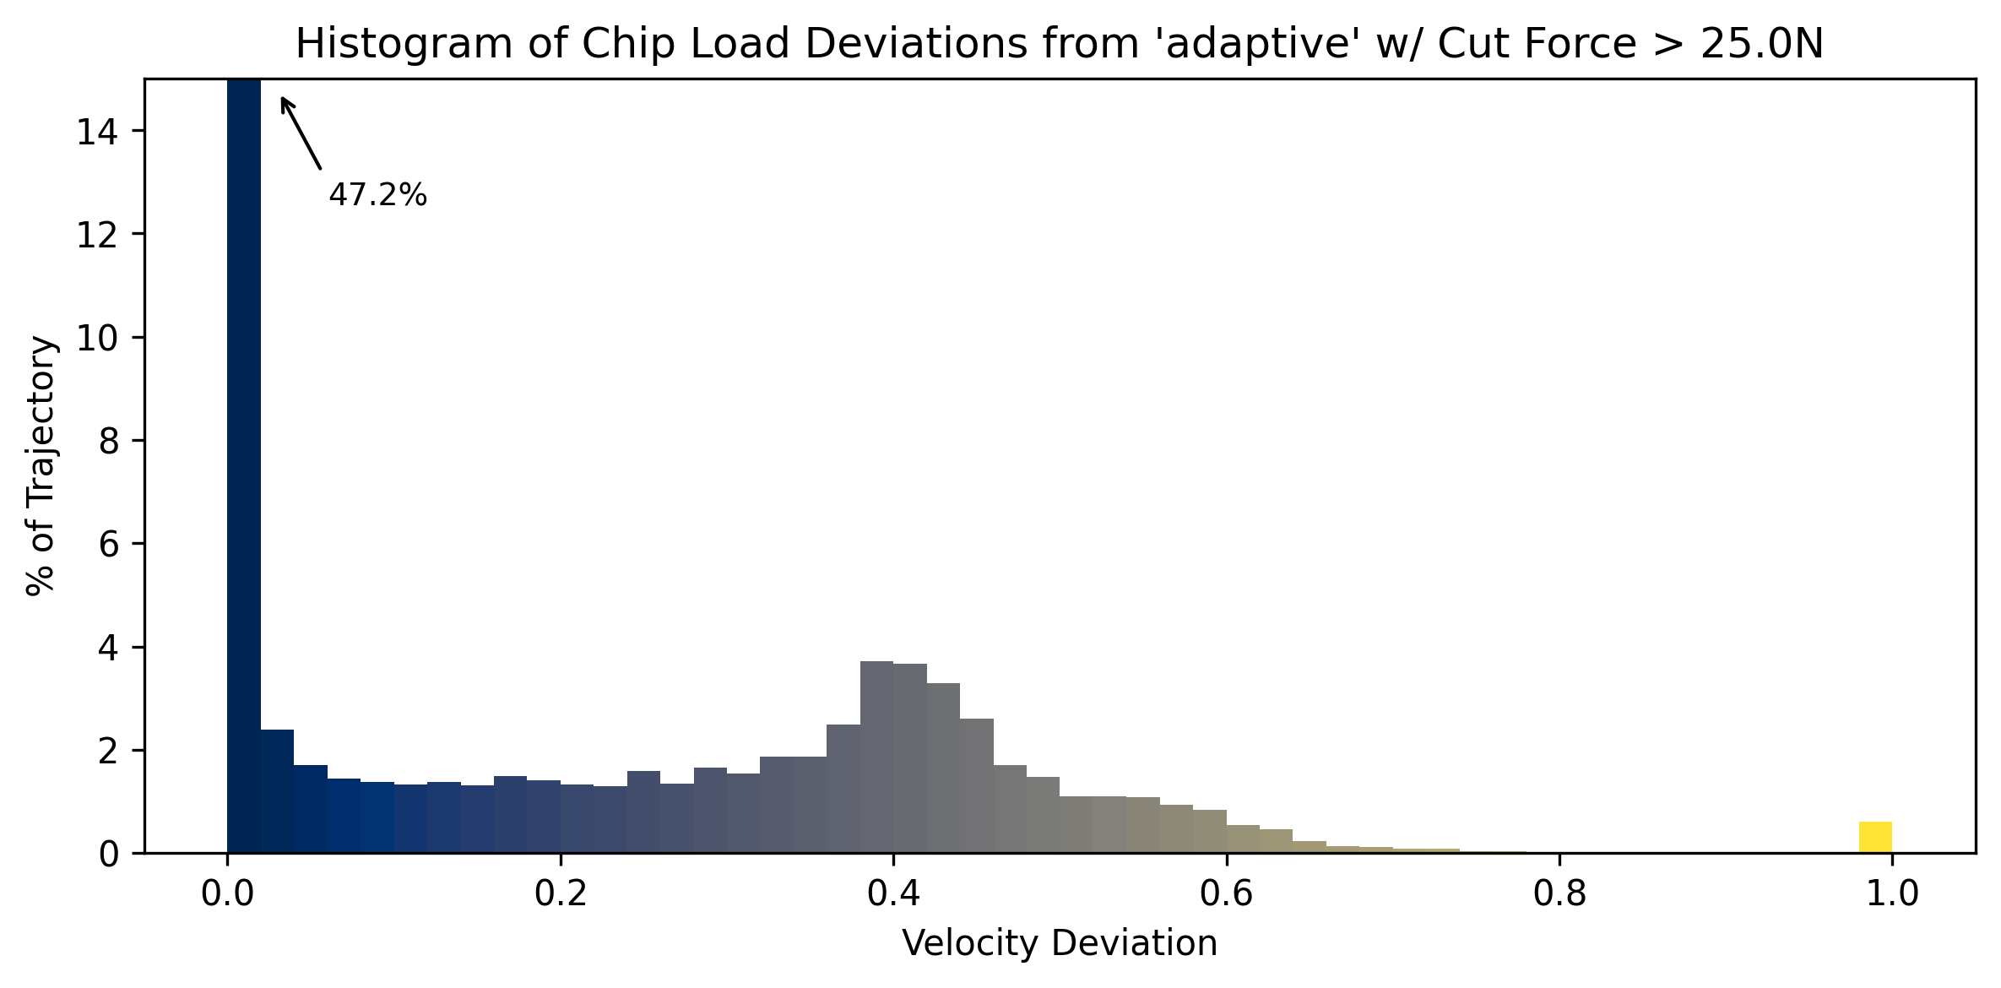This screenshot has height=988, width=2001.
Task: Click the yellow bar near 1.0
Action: tap(1875, 837)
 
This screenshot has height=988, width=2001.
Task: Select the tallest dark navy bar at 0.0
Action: tap(244, 464)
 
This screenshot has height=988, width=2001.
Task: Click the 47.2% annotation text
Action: tap(377, 196)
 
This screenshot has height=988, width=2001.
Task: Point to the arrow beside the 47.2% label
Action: tap(301, 133)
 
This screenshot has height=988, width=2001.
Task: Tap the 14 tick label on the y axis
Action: tap(96, 132)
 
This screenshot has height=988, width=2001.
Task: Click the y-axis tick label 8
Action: tap(109, 442)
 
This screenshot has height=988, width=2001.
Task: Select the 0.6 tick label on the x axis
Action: tap(1226, 894)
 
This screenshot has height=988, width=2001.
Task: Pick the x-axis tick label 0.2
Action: tap(560, 894)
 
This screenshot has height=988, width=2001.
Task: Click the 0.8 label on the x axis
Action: tap(1559, 894)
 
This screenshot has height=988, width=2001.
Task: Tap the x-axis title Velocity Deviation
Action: tap(1060, 943)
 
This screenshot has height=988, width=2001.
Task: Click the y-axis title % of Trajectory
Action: tap(41, 465)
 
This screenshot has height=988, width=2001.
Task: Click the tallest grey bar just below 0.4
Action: tap(876, 757)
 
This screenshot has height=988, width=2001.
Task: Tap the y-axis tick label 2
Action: tap(109, 752)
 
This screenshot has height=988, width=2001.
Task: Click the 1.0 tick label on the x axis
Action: tap(1892, 894)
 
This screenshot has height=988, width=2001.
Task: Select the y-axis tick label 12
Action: tap(96, 235)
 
